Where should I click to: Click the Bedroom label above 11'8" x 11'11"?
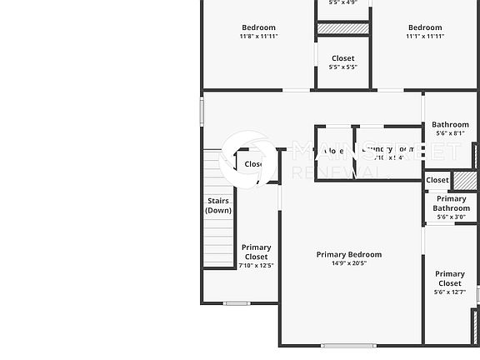(x=258, y=27)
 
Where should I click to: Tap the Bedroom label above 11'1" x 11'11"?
(x=425, y=27)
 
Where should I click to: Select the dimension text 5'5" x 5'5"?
(x=343, y=67)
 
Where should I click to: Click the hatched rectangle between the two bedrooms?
(x=343, y=28)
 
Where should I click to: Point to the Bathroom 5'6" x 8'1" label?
(x=450, y=125)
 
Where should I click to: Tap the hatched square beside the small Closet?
(x=463, y=180)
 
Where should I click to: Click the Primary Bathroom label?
(x=451, y=203)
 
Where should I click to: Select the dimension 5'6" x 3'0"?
(x=451, y=217)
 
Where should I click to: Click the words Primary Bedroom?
(x=349, y=254)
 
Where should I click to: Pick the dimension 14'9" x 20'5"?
(x=349, y=263)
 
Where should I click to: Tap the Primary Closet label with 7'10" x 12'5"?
(x=256, y=252)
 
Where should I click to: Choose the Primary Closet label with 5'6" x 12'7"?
(x=450, y=278)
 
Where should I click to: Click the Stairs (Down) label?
(x=218, y=205)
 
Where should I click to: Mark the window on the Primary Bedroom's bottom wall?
(x=348, y=345)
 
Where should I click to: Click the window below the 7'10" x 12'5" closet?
(x=237, y=303)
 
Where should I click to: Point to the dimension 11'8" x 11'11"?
(x=258, y=37)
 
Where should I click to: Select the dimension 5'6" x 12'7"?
(x=450, y=292)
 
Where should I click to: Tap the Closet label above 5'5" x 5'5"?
(x=343, y=58)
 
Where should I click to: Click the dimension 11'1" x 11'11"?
(x=425, y=37)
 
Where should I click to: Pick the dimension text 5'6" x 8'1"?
(x=450, y=133)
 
